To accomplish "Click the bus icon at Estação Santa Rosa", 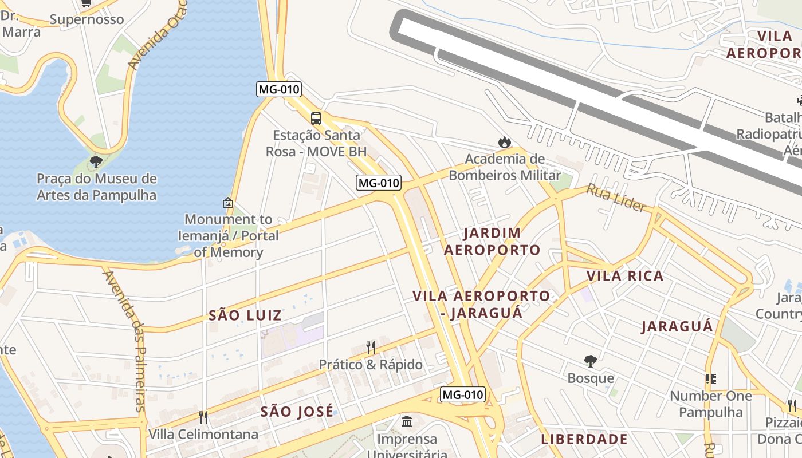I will tap(316, 119).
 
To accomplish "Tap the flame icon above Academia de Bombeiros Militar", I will tap(504, 142).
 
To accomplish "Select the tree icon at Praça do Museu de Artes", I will tap(96, 161).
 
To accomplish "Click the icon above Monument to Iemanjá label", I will tap(228, 203).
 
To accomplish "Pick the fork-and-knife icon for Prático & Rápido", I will tap(371, 347).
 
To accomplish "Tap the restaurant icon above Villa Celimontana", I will tap(203, 417).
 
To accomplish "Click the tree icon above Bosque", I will tap(591, 361).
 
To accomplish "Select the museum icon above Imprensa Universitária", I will tap(407, 422).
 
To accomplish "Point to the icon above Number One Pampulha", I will tap(711, 378).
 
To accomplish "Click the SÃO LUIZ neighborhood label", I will tap(245, 315).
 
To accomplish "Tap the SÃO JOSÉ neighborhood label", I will tap(297, 411).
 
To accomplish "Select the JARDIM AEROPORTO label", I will tap(492, 241).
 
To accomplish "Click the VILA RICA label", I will tap(625, 276).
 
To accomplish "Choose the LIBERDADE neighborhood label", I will tap(584, 439).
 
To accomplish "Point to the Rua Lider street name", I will tap(616, 198).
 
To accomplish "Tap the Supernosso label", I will tap(87, 19).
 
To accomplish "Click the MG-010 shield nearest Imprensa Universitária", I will tap(463, 394).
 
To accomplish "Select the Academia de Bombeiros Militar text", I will tap(504, 167).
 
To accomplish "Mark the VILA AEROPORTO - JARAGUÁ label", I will tap(481, 304).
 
